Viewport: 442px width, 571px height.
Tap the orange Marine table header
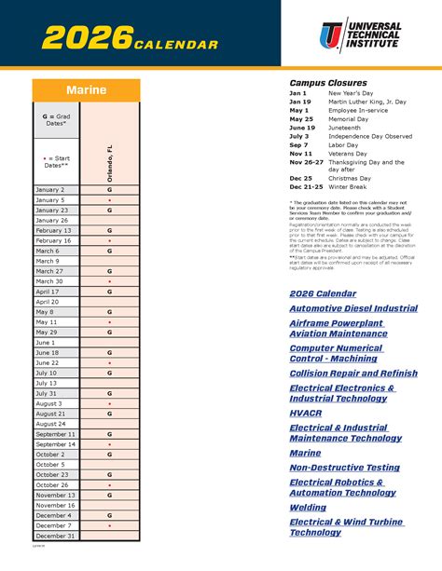(x=86, y=90)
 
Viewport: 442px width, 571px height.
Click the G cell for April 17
(x=109, y=292)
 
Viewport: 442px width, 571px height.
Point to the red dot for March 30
(x=109, y=281)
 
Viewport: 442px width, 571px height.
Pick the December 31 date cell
(x=55, y=536)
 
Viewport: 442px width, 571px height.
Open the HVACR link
(x=306, y=411)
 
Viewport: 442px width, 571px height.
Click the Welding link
(x=309, y=508)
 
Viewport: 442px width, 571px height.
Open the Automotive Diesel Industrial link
(x=353, y=307)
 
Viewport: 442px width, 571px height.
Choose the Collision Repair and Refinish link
(x=353, y=374)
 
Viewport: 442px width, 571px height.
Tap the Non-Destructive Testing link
(x=345, y=467)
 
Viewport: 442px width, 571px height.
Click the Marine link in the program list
(x=305, y=453)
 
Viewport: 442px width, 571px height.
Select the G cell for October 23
(x=109, y=474)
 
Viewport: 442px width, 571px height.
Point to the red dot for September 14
(x=109, y=444)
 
